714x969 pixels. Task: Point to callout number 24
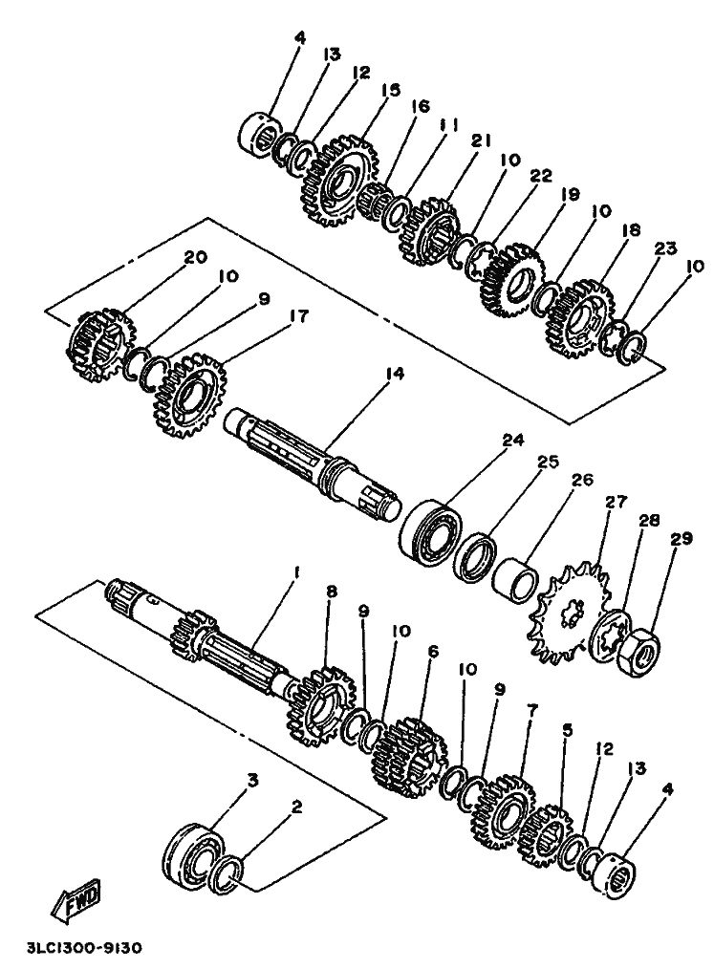click(x=513, y=442)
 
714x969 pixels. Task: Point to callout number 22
click(x=541, y=177)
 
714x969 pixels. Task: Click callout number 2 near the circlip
click(x=296, y=807)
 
